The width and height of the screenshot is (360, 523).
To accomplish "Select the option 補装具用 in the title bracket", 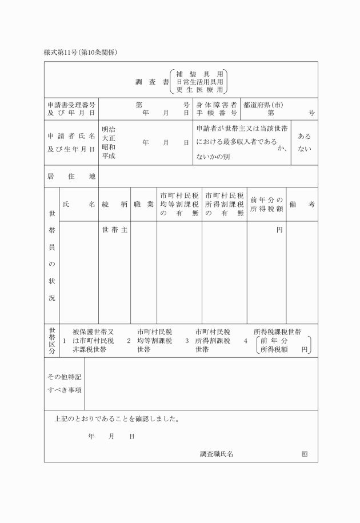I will coord(200,74).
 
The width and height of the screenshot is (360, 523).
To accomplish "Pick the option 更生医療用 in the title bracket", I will coord(200,90).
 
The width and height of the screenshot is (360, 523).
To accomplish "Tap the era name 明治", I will coord(109,130).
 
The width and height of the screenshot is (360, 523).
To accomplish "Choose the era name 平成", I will coord(109,156).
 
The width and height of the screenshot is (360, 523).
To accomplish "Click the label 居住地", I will coord(71,177).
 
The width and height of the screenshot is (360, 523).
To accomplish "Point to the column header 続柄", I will coord(114,204).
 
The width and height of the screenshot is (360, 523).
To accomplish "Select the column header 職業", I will coord(143,204).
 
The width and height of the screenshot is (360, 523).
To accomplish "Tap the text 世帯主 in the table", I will coord(114,230).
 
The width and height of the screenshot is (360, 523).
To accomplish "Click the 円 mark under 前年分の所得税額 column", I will coord(279,230).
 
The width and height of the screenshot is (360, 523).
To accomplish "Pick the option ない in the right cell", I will coord(305,150).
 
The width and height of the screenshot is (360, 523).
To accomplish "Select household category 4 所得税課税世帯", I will coord(278,332).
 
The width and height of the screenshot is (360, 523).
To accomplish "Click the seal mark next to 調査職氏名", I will coord(305,454).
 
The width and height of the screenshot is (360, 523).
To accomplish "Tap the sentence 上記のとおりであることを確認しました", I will coord(117,418).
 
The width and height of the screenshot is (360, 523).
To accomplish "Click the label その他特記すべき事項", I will coord(64,384).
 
